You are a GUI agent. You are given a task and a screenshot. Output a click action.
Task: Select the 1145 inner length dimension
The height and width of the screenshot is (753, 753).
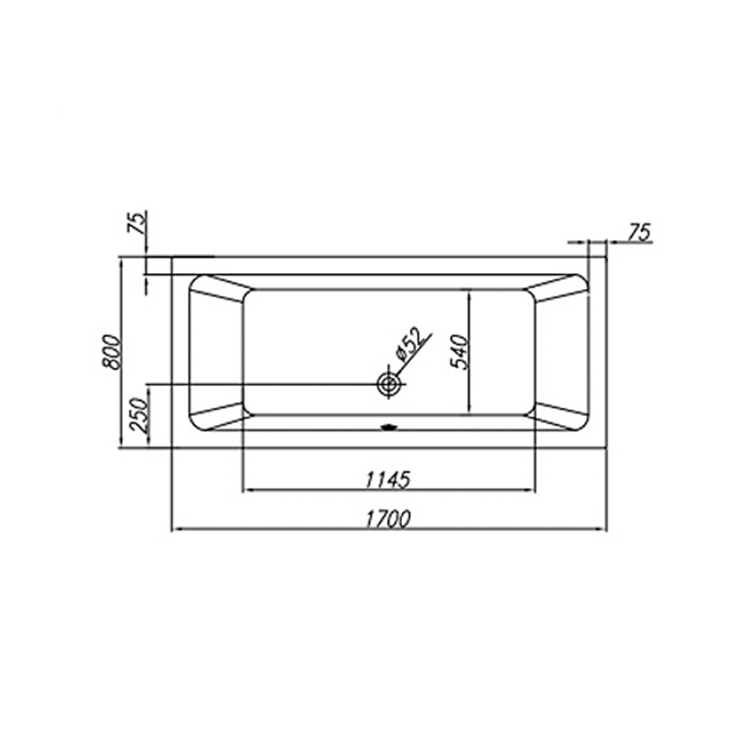pos(388,479)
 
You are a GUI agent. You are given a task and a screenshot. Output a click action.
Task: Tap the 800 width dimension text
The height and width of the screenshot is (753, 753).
pos(112,351)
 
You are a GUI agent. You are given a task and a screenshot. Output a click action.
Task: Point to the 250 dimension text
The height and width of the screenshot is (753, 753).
pos(138,415)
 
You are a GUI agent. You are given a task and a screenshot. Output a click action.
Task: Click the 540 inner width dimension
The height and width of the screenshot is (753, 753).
pos(457,351)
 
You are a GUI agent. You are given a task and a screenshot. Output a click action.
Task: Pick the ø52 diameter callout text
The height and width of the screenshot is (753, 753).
pos(409,344)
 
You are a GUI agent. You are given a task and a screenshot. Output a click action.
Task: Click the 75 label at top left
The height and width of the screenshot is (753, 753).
pos(136,222)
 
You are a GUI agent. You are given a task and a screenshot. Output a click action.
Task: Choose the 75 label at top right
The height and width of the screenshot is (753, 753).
pos(639,232)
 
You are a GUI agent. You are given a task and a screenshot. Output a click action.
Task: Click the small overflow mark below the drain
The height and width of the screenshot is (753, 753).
pos(390,426)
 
